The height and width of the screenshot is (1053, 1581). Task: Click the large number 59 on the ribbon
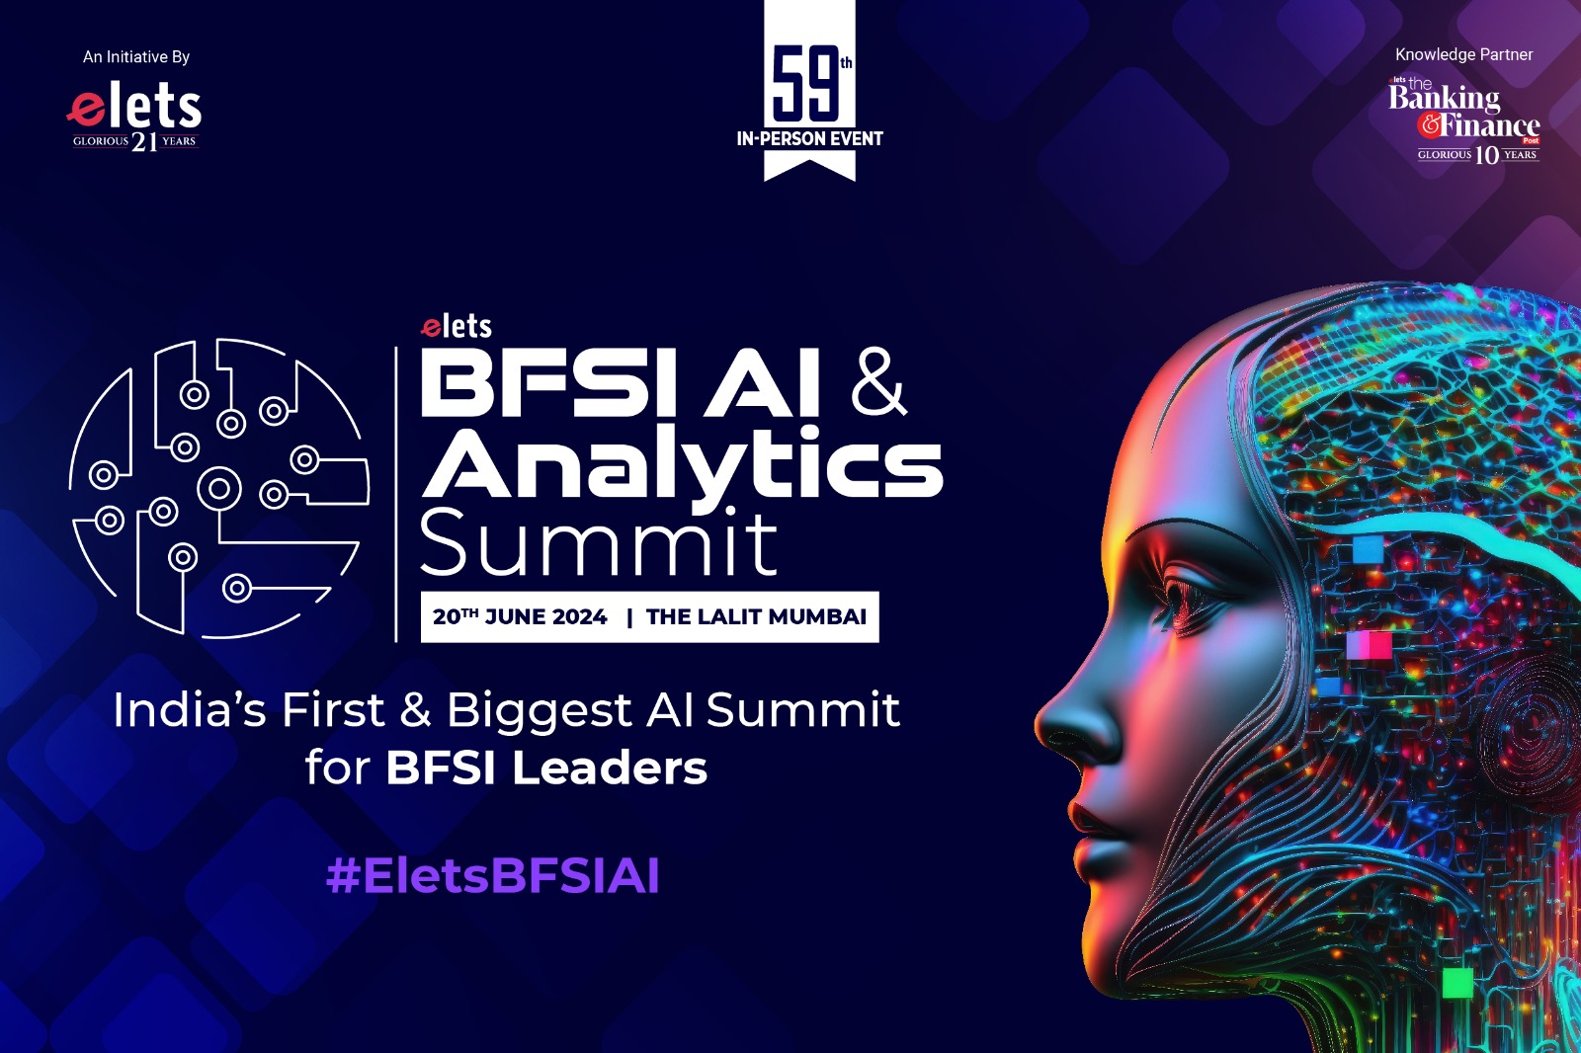click(x=806, y=84)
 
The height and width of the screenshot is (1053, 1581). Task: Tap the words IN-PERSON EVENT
click(x=809, y=139)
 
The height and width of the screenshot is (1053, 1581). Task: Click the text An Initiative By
click(x=136, y=57)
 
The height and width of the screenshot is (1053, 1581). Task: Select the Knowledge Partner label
click(x=1463, y=55)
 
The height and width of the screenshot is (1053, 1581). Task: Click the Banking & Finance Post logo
click(x=1463, y=121)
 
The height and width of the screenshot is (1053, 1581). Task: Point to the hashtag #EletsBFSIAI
click(x=493, y=876)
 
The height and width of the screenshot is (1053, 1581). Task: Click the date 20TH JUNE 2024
click(x=520, y=616)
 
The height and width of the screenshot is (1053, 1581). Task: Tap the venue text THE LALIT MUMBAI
click(x=756, y=616)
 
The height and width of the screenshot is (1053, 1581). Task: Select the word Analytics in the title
click(x=682, y=466)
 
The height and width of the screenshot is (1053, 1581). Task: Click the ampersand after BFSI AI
click(x=878, y=380)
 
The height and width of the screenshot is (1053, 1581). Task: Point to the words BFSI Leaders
click(x=546, y=768)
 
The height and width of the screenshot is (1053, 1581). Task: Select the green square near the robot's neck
click(x=1457, y=983)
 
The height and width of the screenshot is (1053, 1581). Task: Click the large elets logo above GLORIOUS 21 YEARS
click(x=134, y=108)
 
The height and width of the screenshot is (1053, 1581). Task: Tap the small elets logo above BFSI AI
click(x=456, y=326)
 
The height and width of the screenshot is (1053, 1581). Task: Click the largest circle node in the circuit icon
click(x=218, y=489)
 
